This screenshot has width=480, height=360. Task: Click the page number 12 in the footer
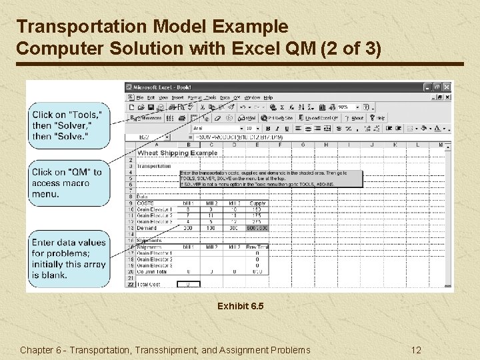[416, 350]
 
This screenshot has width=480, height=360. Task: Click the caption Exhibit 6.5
[241, 307]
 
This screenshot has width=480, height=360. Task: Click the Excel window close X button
[447, 87]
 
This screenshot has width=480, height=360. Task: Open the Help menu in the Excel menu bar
[269, 97]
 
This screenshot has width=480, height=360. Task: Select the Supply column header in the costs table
[257, 203]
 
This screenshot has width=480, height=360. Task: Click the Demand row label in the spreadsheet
[146, 228]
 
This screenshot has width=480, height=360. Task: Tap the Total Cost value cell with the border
[189, 284]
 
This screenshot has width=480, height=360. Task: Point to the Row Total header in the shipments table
[257, 246]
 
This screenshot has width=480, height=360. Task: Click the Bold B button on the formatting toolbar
[267, 128]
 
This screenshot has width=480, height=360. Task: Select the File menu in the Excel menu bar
[141, 97]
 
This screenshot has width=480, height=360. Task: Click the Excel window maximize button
[437, 87]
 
